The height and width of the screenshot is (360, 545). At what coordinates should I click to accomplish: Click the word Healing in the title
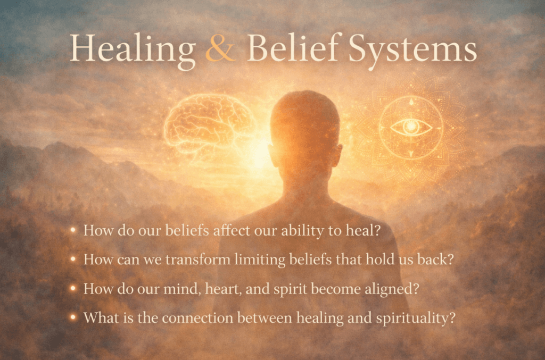point(133,51)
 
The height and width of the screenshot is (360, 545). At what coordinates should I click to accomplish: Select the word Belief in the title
point(293,48)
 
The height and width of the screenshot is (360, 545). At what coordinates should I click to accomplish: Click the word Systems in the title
point(412,51)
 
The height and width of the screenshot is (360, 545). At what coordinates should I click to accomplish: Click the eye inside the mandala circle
point(411,127)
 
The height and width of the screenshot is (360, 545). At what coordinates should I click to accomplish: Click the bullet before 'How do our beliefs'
point(73,230)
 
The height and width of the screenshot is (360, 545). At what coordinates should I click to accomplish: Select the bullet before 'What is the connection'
point(73,317)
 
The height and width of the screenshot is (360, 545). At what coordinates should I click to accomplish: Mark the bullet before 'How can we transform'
point(73,259)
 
